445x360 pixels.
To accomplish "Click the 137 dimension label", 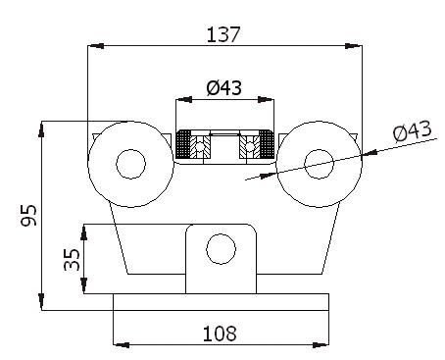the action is click(223, 34).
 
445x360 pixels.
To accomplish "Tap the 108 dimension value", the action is click(220, 334).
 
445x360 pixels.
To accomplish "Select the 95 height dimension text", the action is click(28, 216).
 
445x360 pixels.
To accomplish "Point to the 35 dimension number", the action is click(72, 260).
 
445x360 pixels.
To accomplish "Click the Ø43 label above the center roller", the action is click(224, 88).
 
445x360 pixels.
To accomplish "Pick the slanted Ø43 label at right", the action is click(413, 130).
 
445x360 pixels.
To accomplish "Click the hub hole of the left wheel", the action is click(130, 164).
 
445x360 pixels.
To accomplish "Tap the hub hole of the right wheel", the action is click(319, 164).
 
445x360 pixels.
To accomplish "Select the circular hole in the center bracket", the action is click(221, 249).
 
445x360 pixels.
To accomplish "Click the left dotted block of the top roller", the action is click(183, 144).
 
